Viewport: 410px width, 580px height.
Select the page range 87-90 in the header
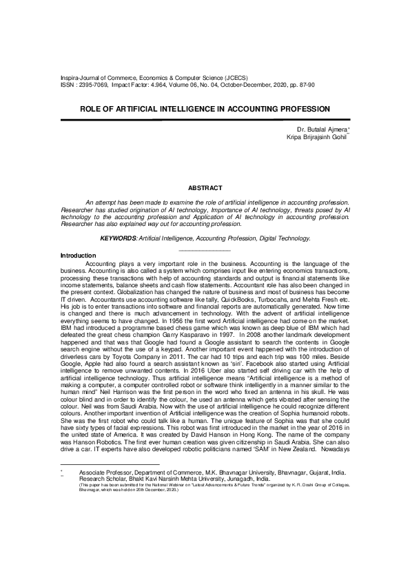tap(304, 86)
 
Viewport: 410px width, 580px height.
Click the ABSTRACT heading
tap(205, 188)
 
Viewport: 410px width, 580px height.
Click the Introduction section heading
tap(79, 256)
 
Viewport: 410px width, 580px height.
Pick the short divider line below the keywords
tap(205, 249)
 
